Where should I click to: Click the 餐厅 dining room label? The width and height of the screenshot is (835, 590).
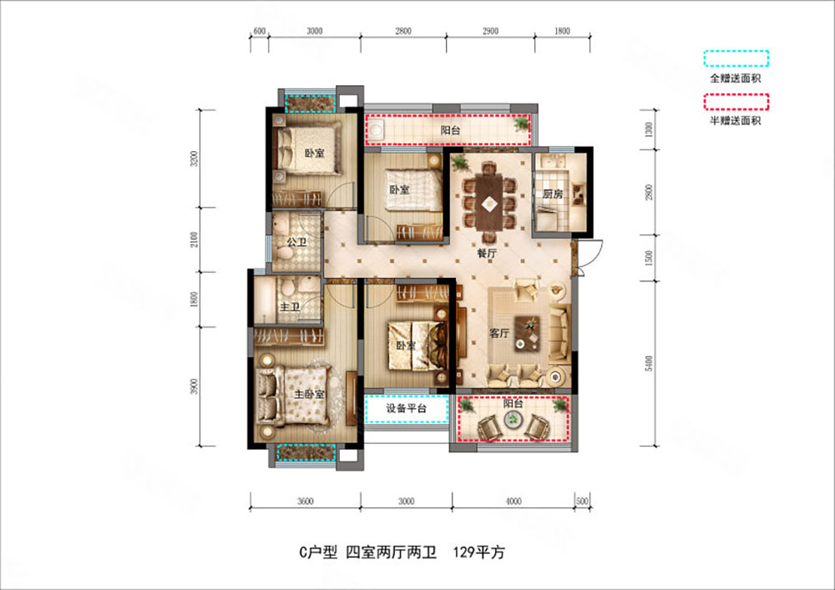pos(488,251)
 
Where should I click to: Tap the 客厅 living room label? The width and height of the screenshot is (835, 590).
pos(499,333)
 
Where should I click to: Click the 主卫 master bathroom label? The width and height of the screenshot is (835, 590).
pos(290,307)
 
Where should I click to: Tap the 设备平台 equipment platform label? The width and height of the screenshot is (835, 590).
pos(407,409)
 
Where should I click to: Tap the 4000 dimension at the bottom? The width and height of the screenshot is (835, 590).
pos(513,502)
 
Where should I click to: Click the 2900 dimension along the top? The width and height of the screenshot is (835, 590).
pos(490,31)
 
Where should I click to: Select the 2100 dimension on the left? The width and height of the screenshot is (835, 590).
pos(194,240)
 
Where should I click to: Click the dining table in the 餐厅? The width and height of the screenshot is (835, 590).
pos(488,200)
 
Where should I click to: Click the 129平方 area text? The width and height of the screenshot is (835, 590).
pos(479,552)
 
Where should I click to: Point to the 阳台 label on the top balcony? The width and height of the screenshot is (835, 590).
pos(451,129)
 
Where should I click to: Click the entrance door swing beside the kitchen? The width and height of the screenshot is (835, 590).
pos(590,254)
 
